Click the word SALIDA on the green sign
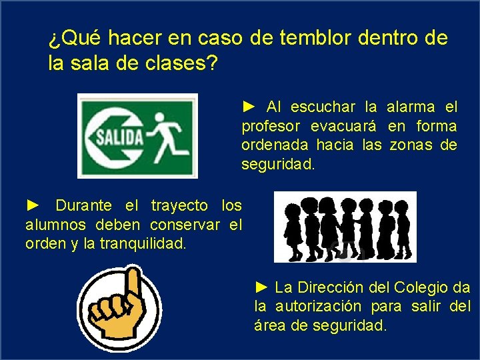(121, 137)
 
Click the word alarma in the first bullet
(411, 107)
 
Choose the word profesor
(271, 126)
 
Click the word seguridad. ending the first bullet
(277, 163)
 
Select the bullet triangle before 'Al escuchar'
(249, 106)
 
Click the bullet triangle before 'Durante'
(33, 205)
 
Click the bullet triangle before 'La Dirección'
(262, 287)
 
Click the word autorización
(319, 307)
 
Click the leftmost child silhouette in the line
(293, 230)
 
